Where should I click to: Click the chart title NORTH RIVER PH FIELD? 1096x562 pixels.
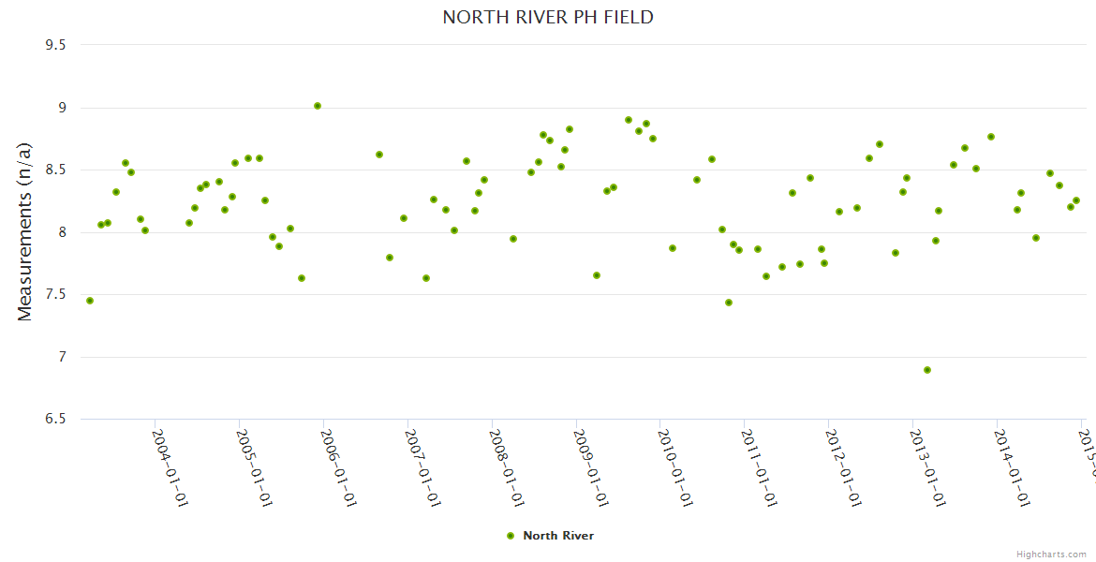tap(548, 18)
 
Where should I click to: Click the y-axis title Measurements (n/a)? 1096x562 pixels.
tap(25, 230)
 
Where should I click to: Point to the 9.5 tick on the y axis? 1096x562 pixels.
tap(57, 45)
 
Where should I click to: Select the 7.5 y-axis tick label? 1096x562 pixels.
tap(57, 295)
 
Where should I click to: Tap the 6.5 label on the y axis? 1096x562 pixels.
tap(57, 419)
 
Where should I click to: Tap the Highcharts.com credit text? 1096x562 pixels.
tap(1051, 555)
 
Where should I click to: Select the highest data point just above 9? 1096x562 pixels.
tap(318, 106)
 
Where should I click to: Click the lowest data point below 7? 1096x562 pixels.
tap(927, 370)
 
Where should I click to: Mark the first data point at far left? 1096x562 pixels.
tap(90, 301)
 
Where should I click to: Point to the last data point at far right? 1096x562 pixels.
tap(1076, 200)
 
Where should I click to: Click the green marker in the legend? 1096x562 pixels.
tap(511, 536)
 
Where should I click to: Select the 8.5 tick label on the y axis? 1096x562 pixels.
tap(57, 170)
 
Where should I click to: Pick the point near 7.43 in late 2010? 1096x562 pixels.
tap(729, 303)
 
